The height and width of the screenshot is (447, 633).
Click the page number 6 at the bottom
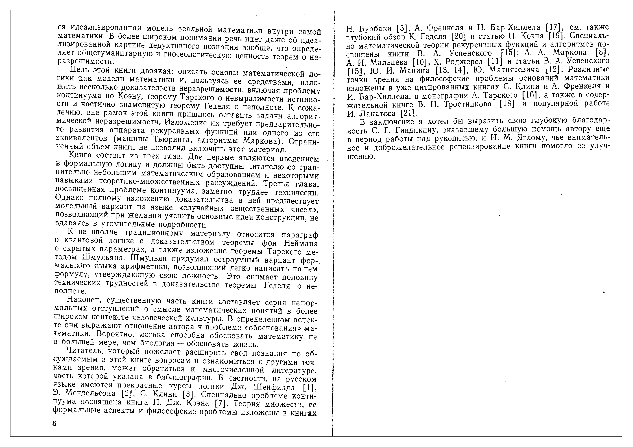pos(54,424)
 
